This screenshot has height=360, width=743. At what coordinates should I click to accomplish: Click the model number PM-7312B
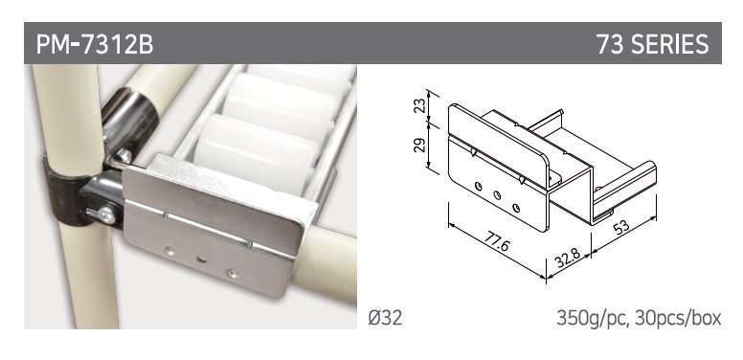click(x=95, y=44)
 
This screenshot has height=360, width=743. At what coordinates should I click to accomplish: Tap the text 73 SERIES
click(x=652, y=44)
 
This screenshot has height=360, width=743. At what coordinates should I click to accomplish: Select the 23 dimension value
click(x=419, y=105)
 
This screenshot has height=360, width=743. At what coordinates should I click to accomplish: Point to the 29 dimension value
click(x=419, y=145)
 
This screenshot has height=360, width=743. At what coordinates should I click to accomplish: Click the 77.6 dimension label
click(x=496, y=243)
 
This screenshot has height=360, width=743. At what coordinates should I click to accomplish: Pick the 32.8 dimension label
click(x=567, y=258)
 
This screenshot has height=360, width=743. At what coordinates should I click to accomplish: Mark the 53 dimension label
click(x=621, y=227)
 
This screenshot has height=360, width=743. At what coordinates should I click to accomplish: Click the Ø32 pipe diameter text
click(x=385, y=318)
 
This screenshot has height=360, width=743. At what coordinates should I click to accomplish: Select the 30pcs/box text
click(x=679, y=318)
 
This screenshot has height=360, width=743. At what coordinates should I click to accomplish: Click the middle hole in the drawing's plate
click(x=497, y=194)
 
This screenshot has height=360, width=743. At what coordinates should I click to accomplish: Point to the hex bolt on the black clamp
click(x=106, y=215)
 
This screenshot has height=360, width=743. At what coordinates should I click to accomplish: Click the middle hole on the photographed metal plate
click(x=202, y=259)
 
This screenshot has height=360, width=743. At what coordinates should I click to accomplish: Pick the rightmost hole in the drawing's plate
click(x=516, y=207)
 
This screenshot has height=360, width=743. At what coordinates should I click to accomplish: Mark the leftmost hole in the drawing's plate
click(x=479, y=187)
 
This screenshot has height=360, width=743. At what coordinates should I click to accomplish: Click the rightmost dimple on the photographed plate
click(x=232, y=273)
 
